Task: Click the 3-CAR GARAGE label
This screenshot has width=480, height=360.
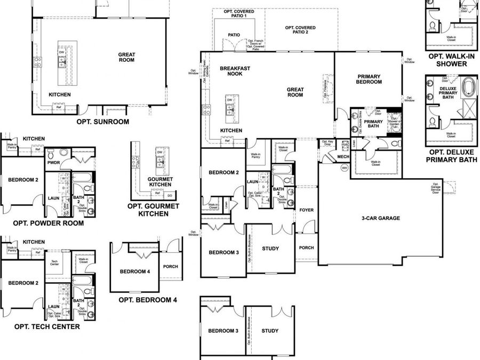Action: (381, 218)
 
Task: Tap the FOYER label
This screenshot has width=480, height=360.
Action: (306, 210)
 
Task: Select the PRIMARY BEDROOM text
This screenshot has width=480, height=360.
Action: (369, 79)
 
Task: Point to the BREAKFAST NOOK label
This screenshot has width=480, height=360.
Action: (231, 71)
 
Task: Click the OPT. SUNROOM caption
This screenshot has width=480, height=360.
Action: (103, 122)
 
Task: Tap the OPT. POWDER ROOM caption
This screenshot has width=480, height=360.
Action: (48, 223)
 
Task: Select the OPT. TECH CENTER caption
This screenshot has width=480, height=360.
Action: (47, 326)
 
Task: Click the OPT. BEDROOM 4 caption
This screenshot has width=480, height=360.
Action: (148, 300)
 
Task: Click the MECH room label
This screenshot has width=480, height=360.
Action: (343, 156)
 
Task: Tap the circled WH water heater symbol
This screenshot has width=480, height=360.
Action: (345, 167)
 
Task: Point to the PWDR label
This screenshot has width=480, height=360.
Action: (53, 163)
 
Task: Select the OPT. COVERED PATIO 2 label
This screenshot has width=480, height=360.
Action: (300, 30)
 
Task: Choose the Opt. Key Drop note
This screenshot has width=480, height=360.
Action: (327, 143)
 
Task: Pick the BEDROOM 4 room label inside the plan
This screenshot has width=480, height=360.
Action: (134, 271)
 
